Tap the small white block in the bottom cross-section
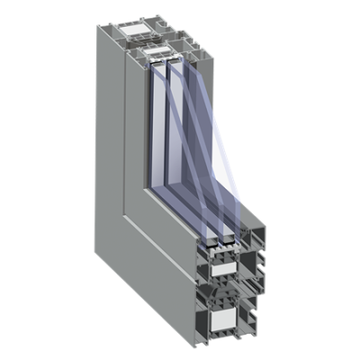pos(220,266)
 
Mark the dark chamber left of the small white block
pos(200,264)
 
